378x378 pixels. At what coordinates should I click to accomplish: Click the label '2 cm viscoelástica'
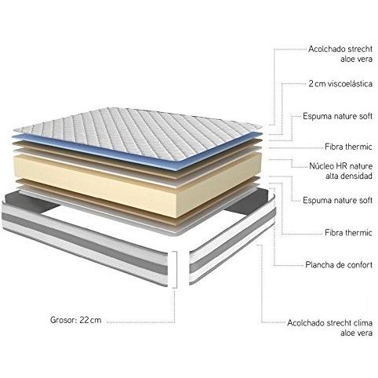[x=340, y=84]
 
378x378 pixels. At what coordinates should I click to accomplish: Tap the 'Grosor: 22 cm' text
[x=75, y=320]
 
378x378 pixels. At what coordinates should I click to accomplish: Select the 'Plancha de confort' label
[x=339, y=265]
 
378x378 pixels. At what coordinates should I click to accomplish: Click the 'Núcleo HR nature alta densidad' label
[x=341, y=171]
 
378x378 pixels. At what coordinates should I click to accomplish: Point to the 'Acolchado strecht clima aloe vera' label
[x=330, y=328]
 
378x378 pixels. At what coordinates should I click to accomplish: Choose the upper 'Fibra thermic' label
[x=348, y=147]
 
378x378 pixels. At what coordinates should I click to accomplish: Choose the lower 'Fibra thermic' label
[x=348, y=232]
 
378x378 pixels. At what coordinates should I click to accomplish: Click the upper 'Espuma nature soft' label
[x=337, y=116]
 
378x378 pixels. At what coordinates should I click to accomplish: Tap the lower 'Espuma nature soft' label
[x=337, y=201]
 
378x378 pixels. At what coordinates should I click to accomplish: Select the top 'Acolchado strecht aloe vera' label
[x=340, y=54]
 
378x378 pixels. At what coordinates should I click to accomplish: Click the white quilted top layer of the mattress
[x=139, y=131]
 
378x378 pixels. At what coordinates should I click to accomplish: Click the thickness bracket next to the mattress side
[x=176, y=270]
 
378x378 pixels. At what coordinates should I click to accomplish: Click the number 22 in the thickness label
[x=84, y=320]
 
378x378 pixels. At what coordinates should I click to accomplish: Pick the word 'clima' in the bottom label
[x=363, y=323]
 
